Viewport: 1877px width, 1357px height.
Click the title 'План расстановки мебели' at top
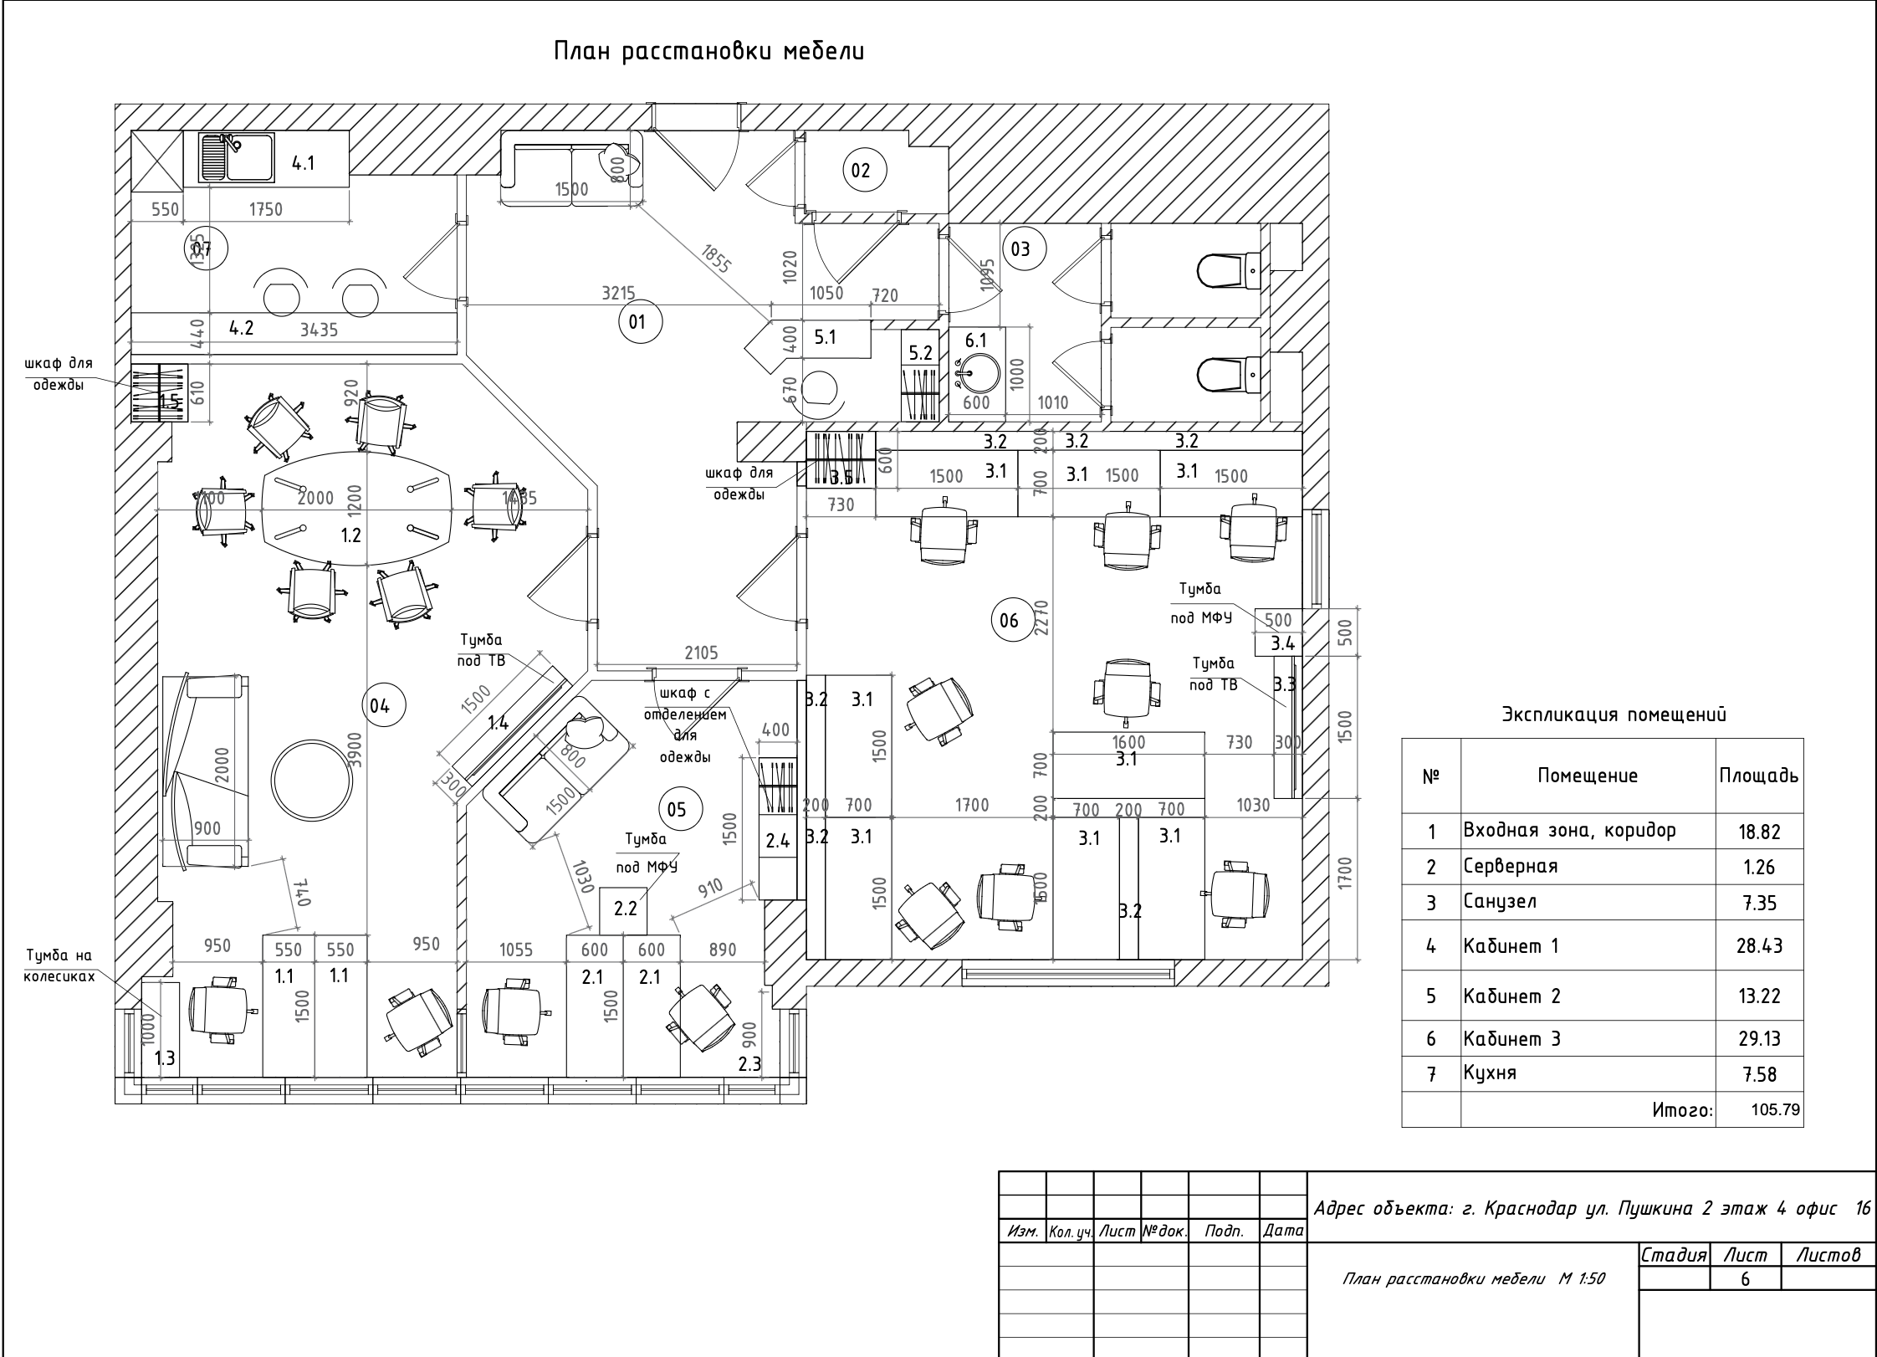coord(708,52)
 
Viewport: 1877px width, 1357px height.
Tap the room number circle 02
coord(861,171)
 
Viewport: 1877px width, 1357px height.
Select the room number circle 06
coord(1010,620)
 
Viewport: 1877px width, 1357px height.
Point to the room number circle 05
coord(677,809)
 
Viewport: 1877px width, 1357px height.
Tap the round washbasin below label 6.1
coord(976,373)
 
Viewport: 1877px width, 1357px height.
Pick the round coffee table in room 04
coord(312,780)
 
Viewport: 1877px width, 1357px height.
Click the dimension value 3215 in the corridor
coord(618,294)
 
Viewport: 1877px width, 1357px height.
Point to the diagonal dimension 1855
coord(716,259)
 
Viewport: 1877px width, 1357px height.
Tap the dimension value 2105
coord(701,653)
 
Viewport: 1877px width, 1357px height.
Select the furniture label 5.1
coord(825,337)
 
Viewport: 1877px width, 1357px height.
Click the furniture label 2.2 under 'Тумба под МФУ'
coord(626,909)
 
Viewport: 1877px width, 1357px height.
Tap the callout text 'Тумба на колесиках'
coord(59,965)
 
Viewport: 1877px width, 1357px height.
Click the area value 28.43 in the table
coord(1759,946)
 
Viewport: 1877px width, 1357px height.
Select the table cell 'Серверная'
coord(1511,866)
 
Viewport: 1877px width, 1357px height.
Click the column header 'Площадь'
coord(1758,776)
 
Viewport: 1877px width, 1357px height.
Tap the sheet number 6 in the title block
coord(1745,1279)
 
